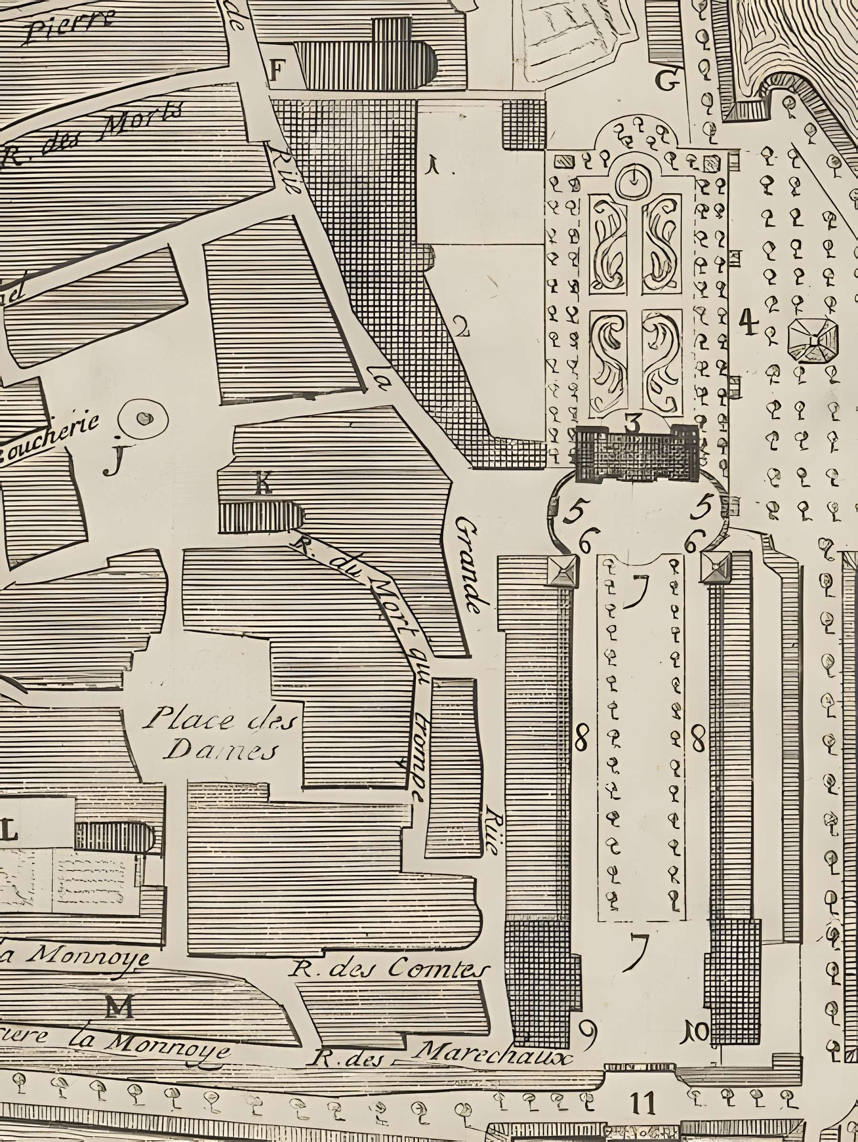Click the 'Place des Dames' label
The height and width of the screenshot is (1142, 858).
click(x=219, y=734)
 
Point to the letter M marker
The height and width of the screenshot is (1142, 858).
click(x=120, y=1006)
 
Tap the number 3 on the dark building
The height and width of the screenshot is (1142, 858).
click(x=632, y=423)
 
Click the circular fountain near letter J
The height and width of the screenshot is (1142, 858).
click(x=143, y=418)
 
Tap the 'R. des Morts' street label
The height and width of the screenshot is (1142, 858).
click(x=93, y=134)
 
